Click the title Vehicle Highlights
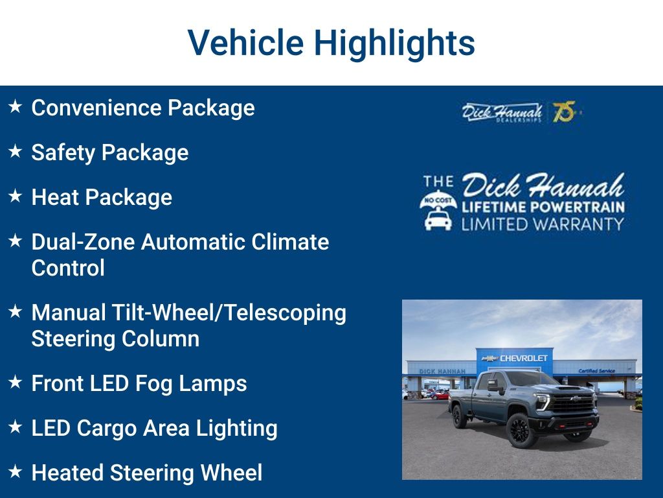tap(331, 43)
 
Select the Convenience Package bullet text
tap(142, 108)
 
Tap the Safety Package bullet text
tap(109, 152)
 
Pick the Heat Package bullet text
tap(102, 197)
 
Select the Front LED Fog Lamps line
tap(139, 383)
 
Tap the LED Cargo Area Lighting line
tap(154, 428)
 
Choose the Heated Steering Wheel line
tap(146, 473)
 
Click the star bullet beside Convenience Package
tap(16, 106)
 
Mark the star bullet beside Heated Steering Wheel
tap(16, 471)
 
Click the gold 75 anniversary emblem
tap(564, 112)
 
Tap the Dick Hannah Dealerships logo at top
tap(502, 112)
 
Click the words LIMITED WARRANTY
tap(543, 224)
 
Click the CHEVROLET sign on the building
tap(523, 358)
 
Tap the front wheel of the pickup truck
tap(520, 429)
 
